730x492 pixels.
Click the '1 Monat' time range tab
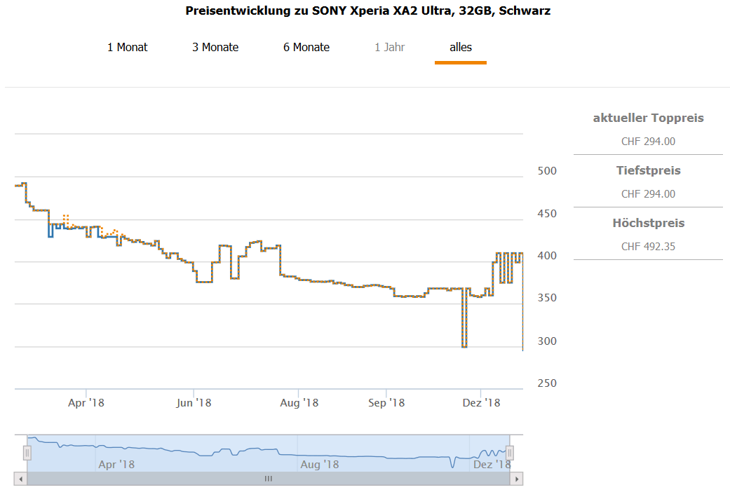tap(127, 48)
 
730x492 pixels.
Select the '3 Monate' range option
tap(215, 48)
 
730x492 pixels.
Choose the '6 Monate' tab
tap(306, 48)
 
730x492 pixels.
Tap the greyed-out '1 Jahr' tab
tap(389, 48)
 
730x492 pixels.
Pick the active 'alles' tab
tap(461, 48)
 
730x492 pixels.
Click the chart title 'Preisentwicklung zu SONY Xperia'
tap(367, 11)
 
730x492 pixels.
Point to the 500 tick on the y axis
tap(546, 171)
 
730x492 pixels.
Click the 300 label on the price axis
tap(546, 341)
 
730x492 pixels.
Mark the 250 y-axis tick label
tap(546, 383)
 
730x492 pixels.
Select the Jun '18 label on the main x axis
tap(194, 403)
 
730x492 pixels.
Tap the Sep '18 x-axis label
tap(386, 403)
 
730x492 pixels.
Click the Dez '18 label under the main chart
tap(482, 403)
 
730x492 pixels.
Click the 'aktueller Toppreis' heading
tap(648, 118)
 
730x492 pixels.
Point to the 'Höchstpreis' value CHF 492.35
tap(648, 247)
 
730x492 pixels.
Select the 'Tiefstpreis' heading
tap(648, 170)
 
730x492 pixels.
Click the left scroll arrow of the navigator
tap(21, 479)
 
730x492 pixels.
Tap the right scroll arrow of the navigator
tap(518, 479)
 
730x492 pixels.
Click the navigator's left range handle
tap(27, 453)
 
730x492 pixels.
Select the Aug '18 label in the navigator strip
tap(320, 464)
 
